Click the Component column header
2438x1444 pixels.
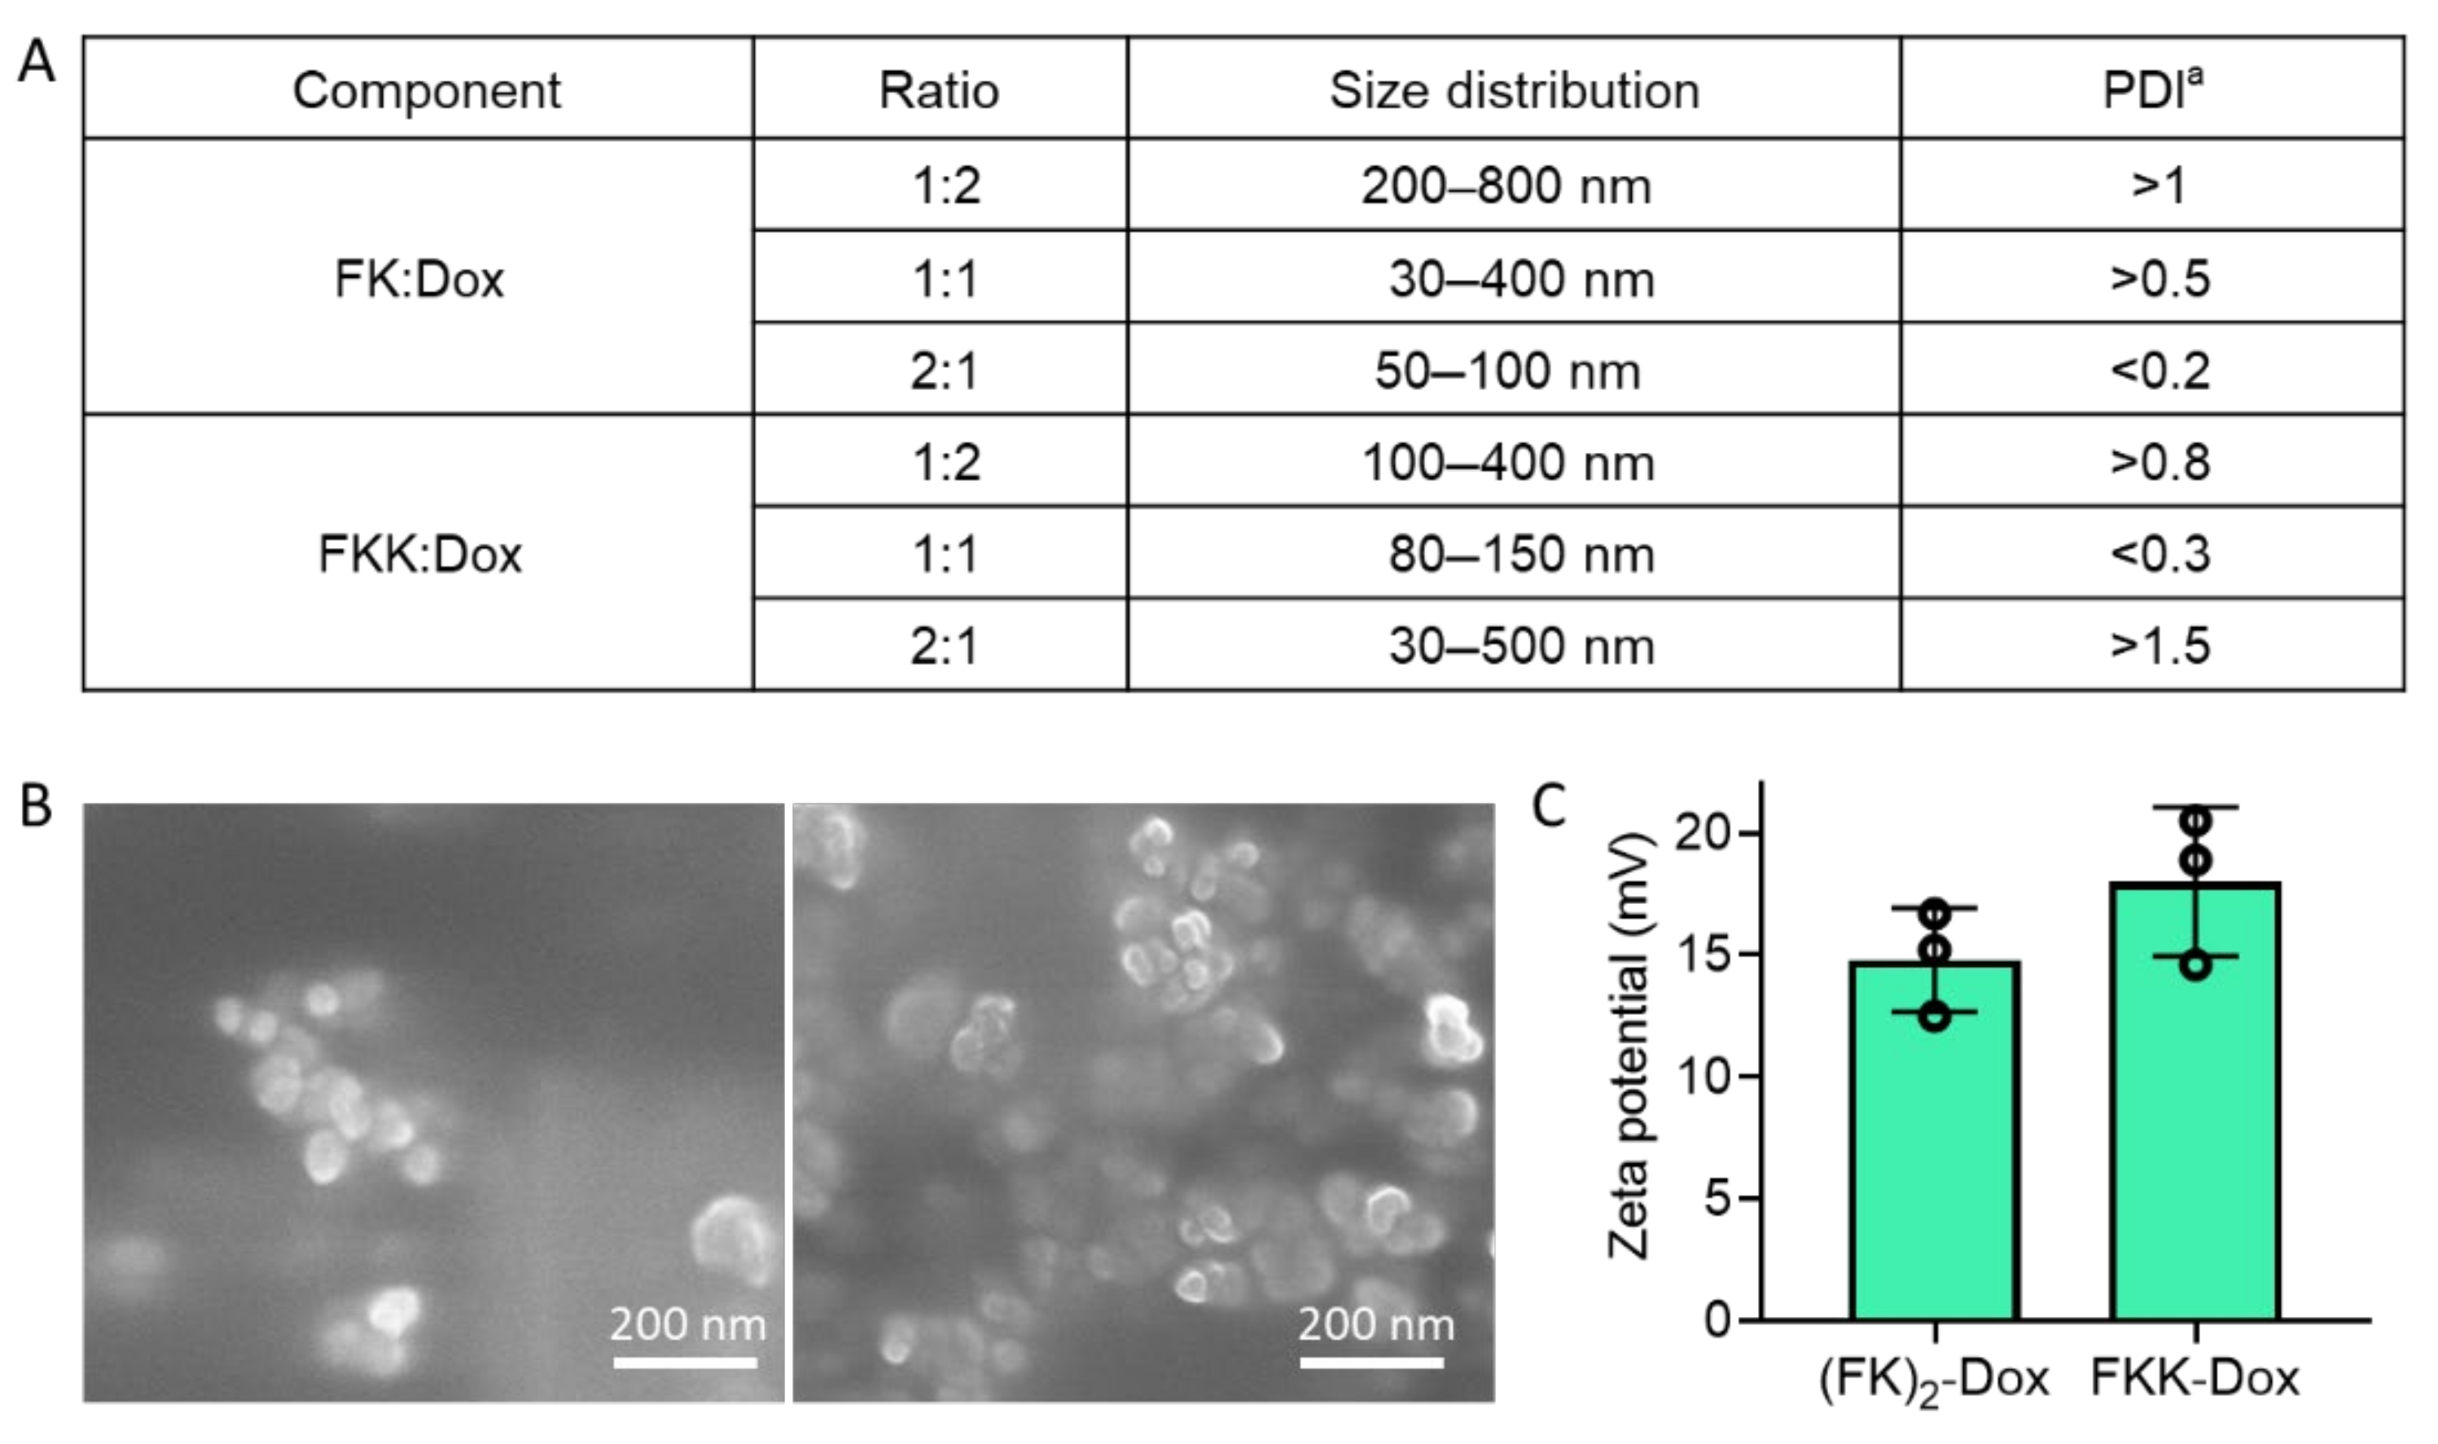point(426,90)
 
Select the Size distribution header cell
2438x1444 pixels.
point(1514,90)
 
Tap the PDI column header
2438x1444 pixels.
point(2152,90)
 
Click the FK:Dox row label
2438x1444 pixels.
point(419,279)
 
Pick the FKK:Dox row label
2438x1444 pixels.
point(419,555)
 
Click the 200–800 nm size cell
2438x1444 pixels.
point(1506,186)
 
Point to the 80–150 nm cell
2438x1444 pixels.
point(1520,555)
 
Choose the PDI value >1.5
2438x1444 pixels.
point(2160,645)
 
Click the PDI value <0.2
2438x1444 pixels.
point(2160,371)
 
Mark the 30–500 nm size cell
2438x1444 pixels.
point(1520,645)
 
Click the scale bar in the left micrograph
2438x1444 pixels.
point(685,1363)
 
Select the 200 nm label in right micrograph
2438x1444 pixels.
point(1375,1324)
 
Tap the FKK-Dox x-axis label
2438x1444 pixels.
point(2195,1378)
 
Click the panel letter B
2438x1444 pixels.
point(36,806)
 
